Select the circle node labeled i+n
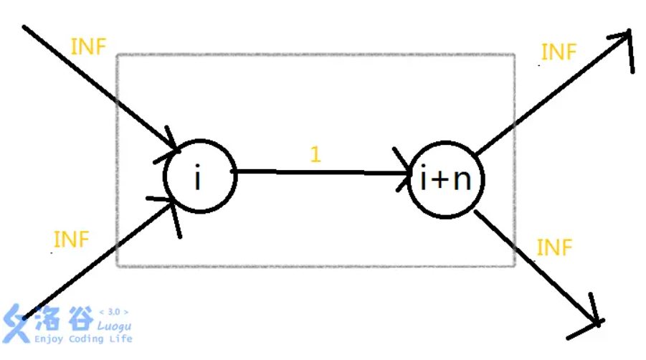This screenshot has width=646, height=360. coord(445,179)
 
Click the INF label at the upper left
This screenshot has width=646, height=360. coord(89,47)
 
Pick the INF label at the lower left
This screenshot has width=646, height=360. coord(71,240)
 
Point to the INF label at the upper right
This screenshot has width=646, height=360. coord(559,52)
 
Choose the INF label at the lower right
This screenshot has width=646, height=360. coord(555,248)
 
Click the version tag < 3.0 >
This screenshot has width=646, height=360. coord(114,312)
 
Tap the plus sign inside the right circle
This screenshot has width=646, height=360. coord(442,181)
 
